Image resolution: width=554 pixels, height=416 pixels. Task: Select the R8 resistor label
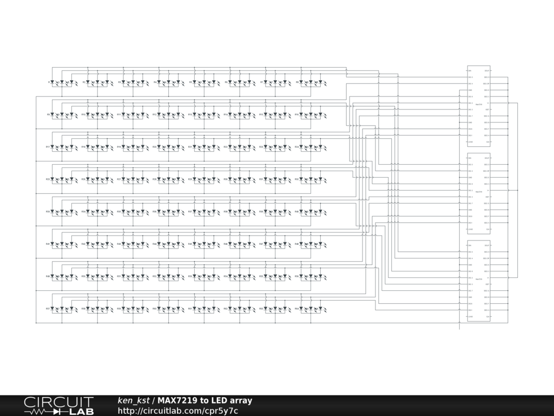pos(297,82)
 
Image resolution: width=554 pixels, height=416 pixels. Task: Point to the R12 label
pos(154,115)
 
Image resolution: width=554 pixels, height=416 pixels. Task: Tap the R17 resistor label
pos(48,147)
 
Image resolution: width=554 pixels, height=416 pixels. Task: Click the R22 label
pos(226,147)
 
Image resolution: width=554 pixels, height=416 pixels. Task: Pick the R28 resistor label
pos(154,179)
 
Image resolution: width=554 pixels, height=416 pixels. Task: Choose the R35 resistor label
pos(119,212)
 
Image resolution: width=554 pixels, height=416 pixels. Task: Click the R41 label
pos(48,244)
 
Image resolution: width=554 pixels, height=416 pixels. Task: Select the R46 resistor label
pos(226,244)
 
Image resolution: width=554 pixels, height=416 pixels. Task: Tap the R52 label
pos(154,276)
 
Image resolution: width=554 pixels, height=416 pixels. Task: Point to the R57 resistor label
pos(48,309)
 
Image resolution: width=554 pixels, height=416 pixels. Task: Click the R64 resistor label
pos(297,309)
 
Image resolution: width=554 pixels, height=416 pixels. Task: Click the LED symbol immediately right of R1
pos(52,83)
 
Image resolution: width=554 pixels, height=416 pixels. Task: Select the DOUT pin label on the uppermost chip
pos(487,71)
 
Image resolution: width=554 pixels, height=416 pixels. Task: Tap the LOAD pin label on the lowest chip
pos(470,316)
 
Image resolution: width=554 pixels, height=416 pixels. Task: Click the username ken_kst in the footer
pos(134,401)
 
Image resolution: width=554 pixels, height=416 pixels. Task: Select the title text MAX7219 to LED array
pos(205,401)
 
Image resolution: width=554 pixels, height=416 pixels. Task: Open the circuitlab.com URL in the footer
pos(178,411)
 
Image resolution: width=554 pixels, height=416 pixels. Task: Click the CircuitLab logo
pos(58,406)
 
